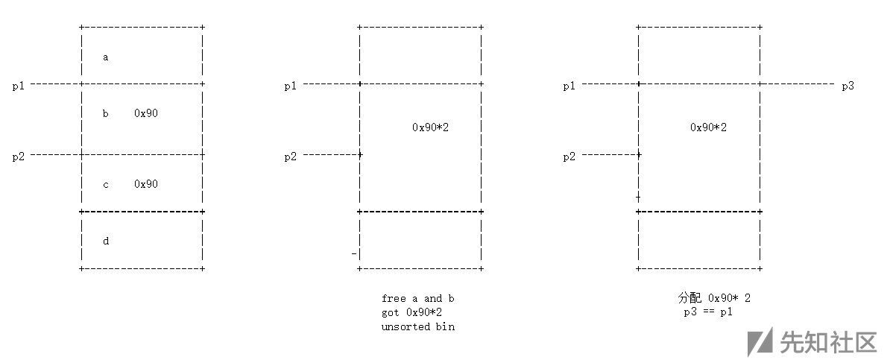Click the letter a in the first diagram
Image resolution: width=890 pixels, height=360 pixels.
click(105, 57)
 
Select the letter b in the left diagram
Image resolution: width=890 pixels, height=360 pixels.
click(105, 114)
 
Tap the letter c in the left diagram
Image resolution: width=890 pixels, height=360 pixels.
click(105, 184)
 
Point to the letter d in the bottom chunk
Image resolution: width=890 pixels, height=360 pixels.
click(105, 241)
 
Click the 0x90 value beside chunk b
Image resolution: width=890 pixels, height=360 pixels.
click(146, 114)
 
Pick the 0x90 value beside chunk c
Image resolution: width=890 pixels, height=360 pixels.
click(146, 184)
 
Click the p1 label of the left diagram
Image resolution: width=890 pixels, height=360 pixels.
click(19, 86)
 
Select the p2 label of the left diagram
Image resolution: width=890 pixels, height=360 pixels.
click(19, 157)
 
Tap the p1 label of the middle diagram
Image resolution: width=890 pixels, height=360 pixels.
click(291, 86)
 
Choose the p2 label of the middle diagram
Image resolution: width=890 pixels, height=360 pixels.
click(291, 157)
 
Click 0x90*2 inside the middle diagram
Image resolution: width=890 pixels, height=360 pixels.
click(430, 127)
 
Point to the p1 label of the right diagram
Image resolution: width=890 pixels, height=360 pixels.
click(569, 86)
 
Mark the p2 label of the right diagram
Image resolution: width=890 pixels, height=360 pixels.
click(569, 157)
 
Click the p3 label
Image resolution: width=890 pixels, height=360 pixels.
click(848, 86)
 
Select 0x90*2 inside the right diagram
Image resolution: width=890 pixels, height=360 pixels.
click(708, 127)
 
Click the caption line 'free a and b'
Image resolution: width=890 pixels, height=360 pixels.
click(417, 298)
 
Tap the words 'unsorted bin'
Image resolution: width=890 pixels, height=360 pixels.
click(417, 326)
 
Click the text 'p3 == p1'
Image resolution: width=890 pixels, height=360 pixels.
click(708, 312)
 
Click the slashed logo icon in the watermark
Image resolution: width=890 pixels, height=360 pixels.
click(760, 341)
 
